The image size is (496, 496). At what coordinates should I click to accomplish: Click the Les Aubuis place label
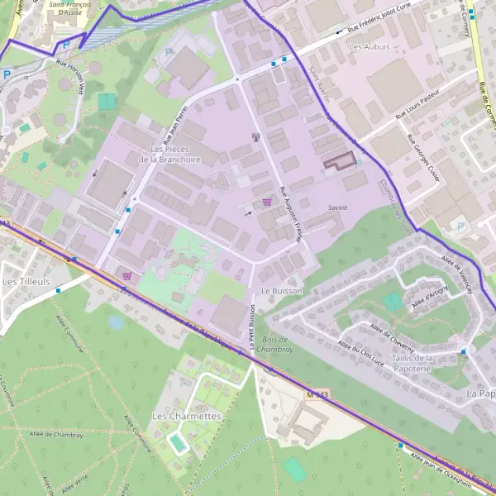click(x=369, y=47)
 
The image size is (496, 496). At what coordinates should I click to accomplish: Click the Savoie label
click(x=337, y=207)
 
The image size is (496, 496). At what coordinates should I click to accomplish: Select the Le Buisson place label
click(x=282, y=291)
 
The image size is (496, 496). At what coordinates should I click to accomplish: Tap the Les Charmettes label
click(x=187, y=416)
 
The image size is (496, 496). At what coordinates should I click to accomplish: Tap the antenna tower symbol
click(x=255, y=137)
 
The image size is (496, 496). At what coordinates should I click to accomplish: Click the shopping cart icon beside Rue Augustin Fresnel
click(x=266, y=202)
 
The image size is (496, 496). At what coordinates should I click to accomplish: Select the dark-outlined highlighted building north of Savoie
click(x=336, y=162)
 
